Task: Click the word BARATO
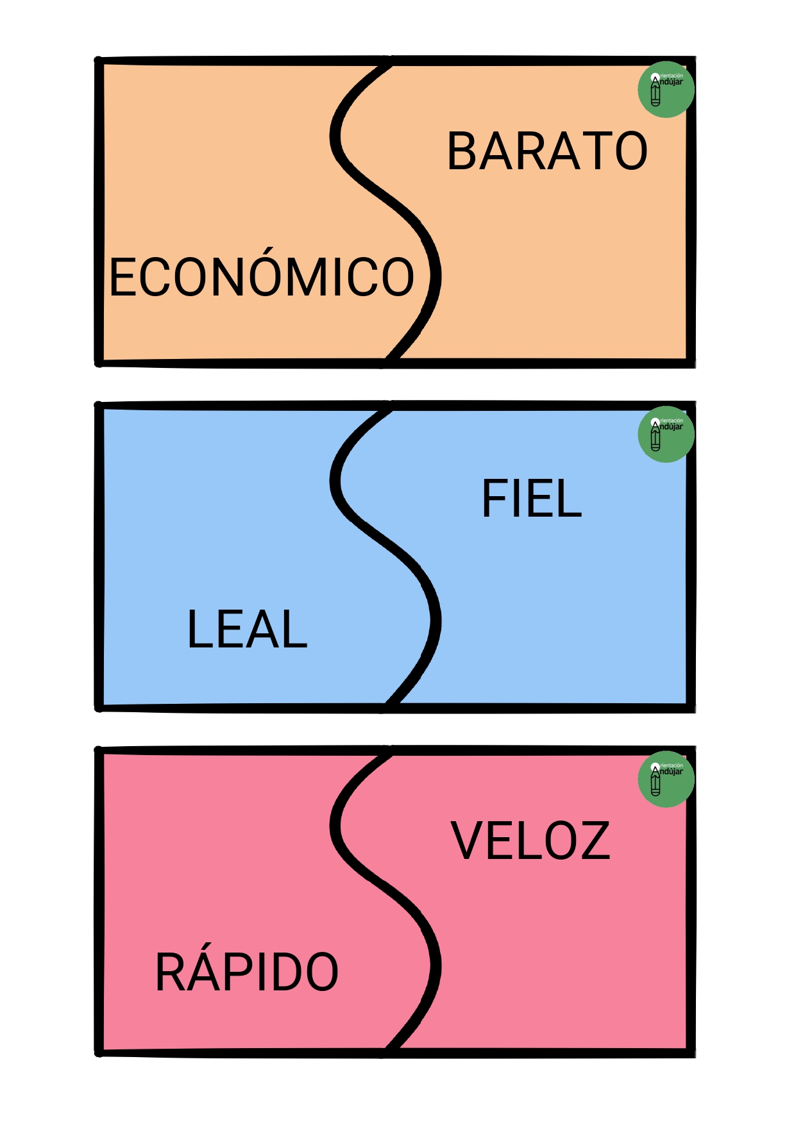[x=547, y=151]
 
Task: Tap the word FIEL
[x=532, y=498]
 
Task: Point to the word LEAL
[x=247, y=629]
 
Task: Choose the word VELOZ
[x=530, y=840]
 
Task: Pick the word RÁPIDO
[x=247, y=967]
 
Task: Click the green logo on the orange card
[x=666, y=90]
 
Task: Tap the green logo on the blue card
[x=666, y=435]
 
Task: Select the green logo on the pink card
[x=666, y=779]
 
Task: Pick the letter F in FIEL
[x=495, y=498]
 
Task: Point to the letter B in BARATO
[x=462, y=151]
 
